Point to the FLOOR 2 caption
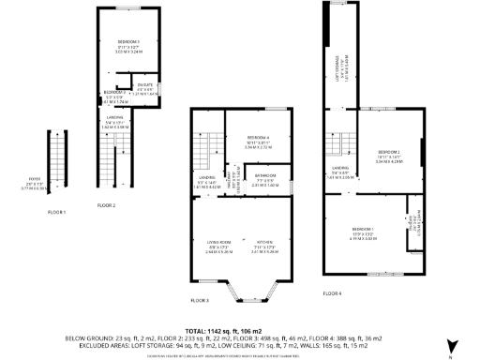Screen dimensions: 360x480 click(x=106, y=204)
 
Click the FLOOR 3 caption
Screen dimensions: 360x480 click(x=200, y=300)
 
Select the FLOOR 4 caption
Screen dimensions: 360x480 click(x=333, y=292)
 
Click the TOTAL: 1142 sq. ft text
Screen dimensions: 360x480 click(x=239, y=331)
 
